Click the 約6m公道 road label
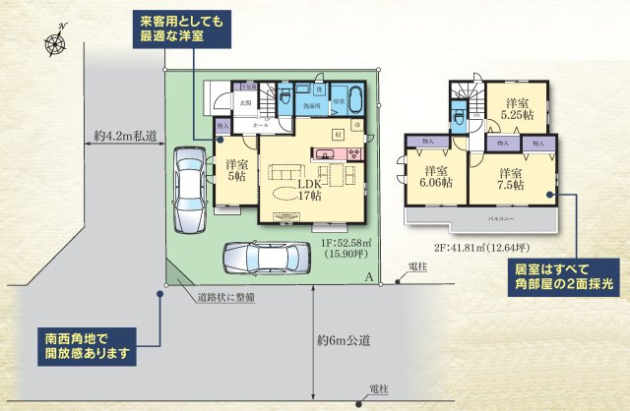(x=344, y=341)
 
